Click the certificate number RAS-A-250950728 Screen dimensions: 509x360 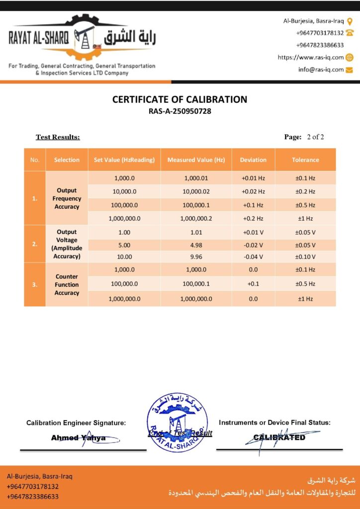[180, 111]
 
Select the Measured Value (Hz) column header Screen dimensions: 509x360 [196, 160]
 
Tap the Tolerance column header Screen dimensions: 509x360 [305, 160]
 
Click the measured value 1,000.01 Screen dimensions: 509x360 [196, 178]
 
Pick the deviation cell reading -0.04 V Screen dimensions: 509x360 [253, 257]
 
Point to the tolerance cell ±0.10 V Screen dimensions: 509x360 [305, 257]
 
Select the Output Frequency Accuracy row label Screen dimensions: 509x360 [67, 198]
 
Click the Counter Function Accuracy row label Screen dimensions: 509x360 [67, 284]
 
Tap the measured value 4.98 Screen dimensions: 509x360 [196, 245]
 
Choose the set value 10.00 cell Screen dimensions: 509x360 [124, 257]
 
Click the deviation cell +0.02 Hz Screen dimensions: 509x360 [253, 191]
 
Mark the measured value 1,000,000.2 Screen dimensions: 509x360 [196, 218]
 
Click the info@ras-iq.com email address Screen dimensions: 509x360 [321, 70]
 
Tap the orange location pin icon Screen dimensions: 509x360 [350, 21]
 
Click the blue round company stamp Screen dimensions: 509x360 [178, 422]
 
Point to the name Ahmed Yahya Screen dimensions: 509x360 [78, 438]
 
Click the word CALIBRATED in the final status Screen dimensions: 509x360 [279, 437]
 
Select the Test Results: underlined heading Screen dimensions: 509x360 [58, 137]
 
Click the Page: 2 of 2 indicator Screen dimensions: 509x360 [304, 137]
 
